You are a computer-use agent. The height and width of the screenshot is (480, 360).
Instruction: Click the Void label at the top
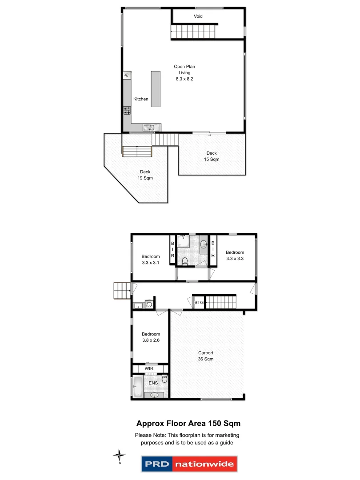(198, 16)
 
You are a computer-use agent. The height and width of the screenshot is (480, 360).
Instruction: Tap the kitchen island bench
(156, 88)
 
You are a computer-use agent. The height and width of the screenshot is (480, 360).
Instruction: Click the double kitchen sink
(149, 128)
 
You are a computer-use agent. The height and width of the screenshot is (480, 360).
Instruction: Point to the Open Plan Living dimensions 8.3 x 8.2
(184, 79)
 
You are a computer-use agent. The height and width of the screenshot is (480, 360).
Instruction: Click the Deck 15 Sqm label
(212, 156)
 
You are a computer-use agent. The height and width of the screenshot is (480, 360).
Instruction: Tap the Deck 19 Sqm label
(145, 175)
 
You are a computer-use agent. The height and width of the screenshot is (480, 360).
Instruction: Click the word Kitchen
(141, 99)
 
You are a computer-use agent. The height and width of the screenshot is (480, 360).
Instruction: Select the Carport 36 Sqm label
(205, 356)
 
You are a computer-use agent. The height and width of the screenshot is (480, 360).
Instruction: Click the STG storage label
(198, 302)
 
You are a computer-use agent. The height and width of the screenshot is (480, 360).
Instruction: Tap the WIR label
(149, 368)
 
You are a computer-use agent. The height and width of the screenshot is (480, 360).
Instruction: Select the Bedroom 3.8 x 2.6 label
(151, 337)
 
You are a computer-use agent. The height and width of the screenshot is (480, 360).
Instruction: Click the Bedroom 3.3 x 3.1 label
(151, 259)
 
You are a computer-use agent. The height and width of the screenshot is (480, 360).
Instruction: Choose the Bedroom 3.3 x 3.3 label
(235, 255)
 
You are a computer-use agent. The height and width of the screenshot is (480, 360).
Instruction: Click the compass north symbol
(119, 455)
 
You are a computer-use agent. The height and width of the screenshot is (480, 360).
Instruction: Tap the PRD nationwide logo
(189, 464)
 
